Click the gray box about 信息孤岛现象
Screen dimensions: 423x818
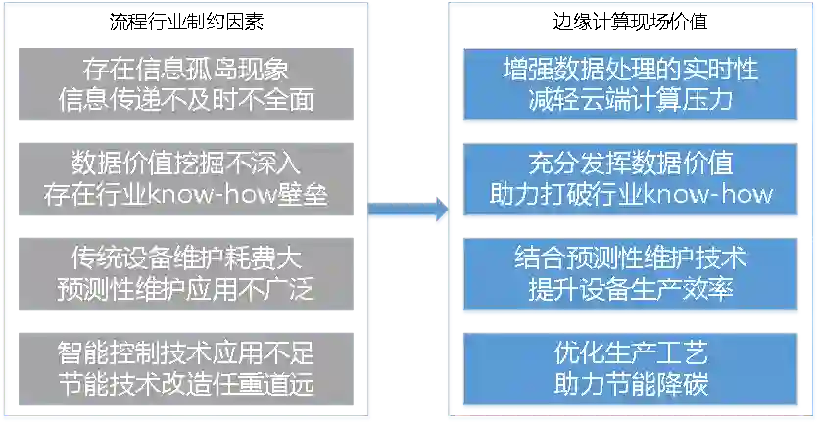pos(185,86)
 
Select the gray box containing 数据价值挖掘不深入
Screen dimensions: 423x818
pos(185,178)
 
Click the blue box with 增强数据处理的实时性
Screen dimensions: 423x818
pos(631,85)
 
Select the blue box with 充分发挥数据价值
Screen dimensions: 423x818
pos(631,178)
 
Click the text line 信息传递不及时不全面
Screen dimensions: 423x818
pos(185,101)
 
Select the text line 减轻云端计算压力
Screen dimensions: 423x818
pos(631,100)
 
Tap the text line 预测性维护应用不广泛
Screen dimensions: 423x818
pos(185,289)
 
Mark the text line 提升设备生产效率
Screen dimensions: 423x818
pos(631,289)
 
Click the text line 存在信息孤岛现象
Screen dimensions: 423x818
pos(185,70)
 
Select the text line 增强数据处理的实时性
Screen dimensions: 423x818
pos(631,70)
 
